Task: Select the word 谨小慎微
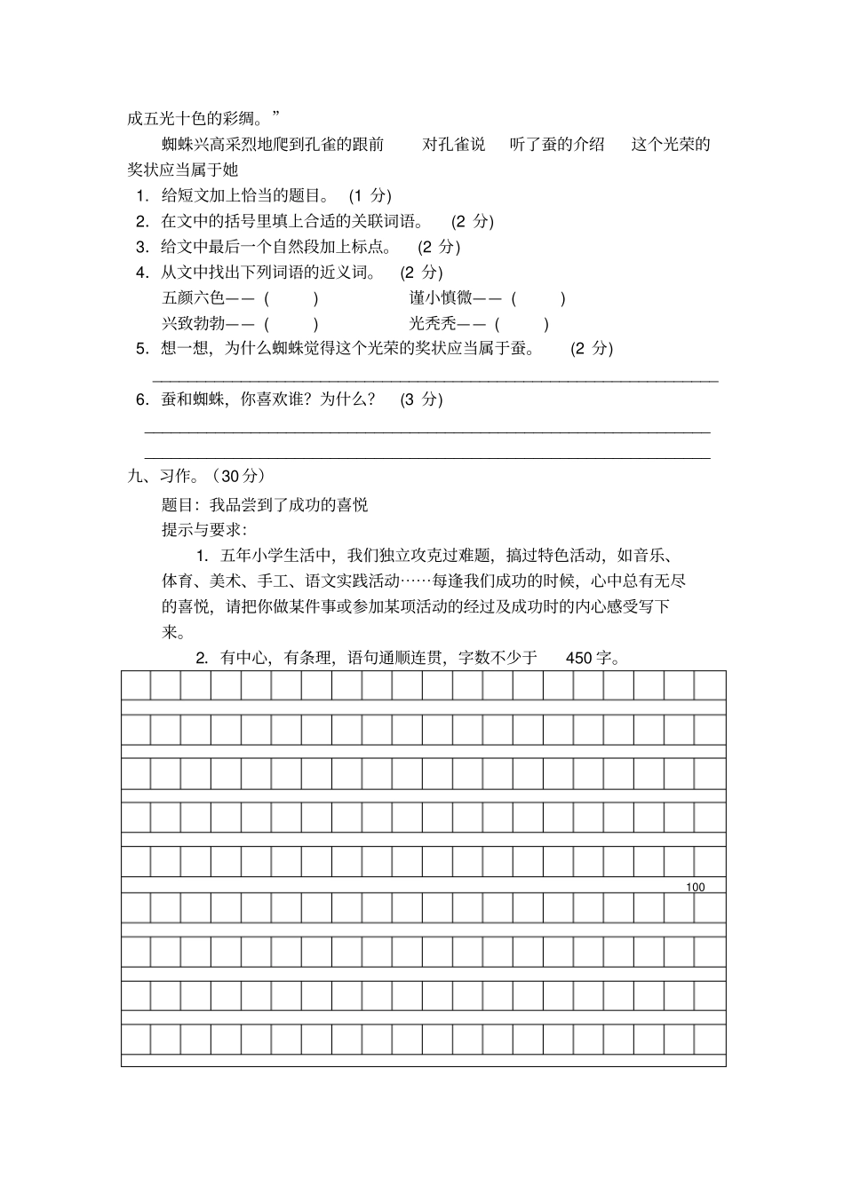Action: pos(441,298)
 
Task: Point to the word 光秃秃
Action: pos(433,323)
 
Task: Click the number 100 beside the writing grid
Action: pos(696,887)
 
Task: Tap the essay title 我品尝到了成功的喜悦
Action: pos(289,505)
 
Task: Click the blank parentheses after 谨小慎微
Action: pos(538,298)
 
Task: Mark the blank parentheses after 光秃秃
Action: pos(522,323)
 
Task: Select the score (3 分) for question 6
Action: pos(421,399)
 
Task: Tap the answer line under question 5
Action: pos(435,380)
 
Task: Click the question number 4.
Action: pos(141,273)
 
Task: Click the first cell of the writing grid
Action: pos(136,685)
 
